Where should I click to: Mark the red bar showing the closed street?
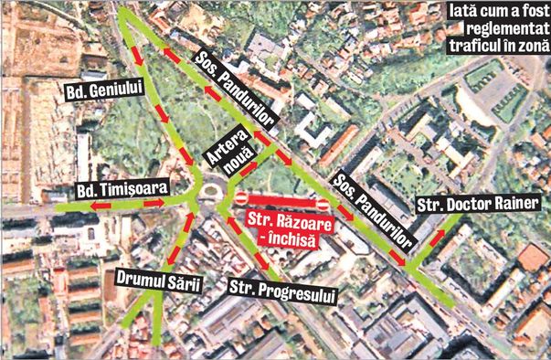click(281, 199)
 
